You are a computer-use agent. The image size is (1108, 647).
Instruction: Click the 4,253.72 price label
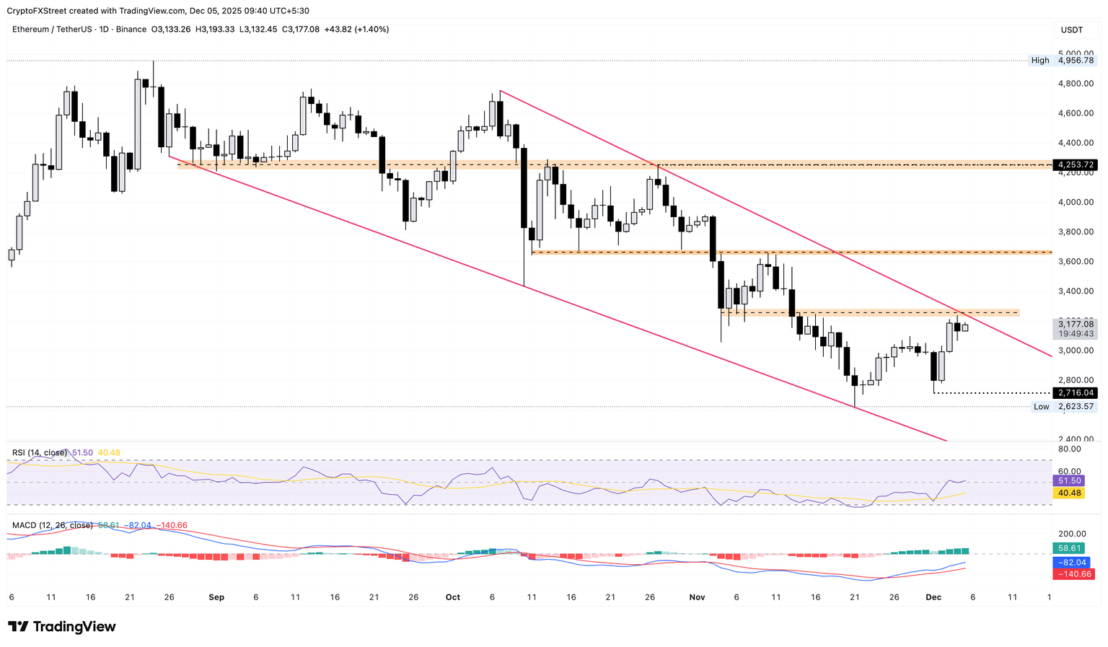click(1075, 165)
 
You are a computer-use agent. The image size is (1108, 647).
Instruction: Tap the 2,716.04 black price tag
click(1075, 393)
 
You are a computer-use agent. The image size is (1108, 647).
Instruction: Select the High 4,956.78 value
click(1075, 61)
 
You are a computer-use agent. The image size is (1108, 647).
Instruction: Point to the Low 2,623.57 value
click(1075, 407)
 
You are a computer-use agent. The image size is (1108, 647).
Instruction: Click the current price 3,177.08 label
click(1075, 325)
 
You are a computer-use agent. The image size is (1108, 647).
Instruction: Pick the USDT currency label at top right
click(1072, 30)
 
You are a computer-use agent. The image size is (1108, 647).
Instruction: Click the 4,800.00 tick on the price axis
click(1075, 84)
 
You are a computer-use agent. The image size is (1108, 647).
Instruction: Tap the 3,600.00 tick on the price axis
click(1075, 262)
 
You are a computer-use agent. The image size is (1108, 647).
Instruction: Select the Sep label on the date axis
click(216, 597)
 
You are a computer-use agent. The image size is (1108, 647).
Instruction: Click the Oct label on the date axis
click(453, 597)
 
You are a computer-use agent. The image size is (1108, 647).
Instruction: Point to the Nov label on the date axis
click(697, 597)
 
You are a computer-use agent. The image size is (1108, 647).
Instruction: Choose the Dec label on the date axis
click(933, 597)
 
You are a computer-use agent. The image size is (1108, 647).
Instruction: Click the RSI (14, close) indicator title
click(40, 453)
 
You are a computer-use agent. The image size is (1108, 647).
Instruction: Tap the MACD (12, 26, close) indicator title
click(52, 526)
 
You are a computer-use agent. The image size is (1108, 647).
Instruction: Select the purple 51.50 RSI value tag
click(1069, 481)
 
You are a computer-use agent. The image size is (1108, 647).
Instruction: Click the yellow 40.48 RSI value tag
click(1069, 493)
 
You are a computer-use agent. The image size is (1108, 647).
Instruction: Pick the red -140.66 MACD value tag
click(1073, 574)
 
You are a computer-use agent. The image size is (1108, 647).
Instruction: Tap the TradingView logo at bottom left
click(62, 627)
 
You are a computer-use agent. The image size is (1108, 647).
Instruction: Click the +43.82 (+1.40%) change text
click(356, 30)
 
